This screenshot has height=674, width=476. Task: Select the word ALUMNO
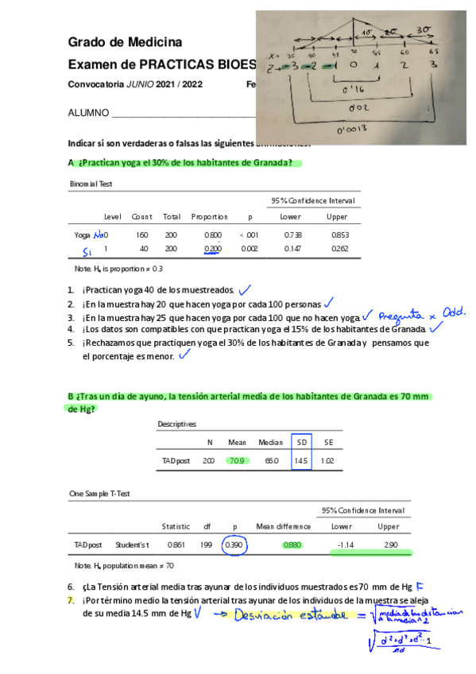pos(88,113)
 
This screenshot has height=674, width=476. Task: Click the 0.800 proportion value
pos(213,235)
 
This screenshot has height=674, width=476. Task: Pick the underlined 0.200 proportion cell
pos(212,249)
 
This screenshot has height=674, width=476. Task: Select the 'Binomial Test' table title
pos(91,184)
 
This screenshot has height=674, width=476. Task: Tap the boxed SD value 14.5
pos(301,460)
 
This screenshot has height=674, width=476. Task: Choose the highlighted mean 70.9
pos(237,460)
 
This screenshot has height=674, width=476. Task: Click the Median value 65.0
pos(269,460)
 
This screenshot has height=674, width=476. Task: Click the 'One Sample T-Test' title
pos(99,494)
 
